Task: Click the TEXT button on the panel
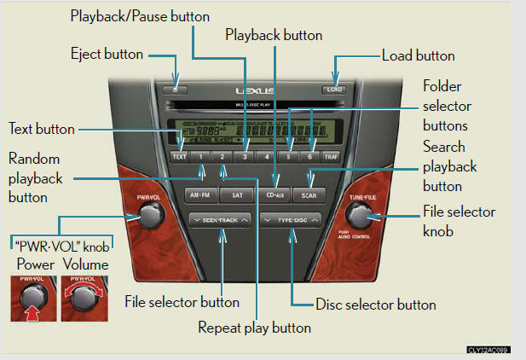click(179, 157)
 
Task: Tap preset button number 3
click(245, 157)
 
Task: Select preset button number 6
click(311, 157)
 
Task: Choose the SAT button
click(236, 195)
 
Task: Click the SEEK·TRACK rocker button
click(221, 220)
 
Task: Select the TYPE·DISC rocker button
click(292, 220)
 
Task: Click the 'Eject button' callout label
click(107, 55)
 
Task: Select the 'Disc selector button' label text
click(375, 305)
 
